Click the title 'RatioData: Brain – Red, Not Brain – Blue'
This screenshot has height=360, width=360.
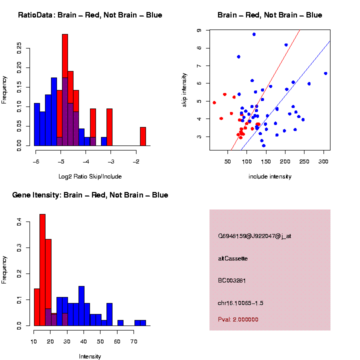coord(90,15)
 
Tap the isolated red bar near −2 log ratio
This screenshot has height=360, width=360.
coord(143,136)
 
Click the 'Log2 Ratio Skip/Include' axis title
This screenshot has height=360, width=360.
coord(90,176)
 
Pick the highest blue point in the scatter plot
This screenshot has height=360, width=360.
coord(254,34)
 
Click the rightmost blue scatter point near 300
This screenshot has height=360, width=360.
coord(325,73)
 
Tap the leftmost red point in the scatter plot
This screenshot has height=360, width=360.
coord(214,102)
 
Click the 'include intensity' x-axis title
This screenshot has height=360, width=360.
coord(269,176)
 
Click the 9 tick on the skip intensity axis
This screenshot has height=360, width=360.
coord(199,30)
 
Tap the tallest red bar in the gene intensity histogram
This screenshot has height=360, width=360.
coord(42,270)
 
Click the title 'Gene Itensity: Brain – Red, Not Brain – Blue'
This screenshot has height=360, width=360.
coord(90,195)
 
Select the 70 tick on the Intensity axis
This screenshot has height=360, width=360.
coord(133,342)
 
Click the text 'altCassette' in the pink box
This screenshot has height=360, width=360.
coord(233,258)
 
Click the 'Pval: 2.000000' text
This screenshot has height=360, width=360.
coord(238,319)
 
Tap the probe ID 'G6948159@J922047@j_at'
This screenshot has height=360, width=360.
coord(254,236)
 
